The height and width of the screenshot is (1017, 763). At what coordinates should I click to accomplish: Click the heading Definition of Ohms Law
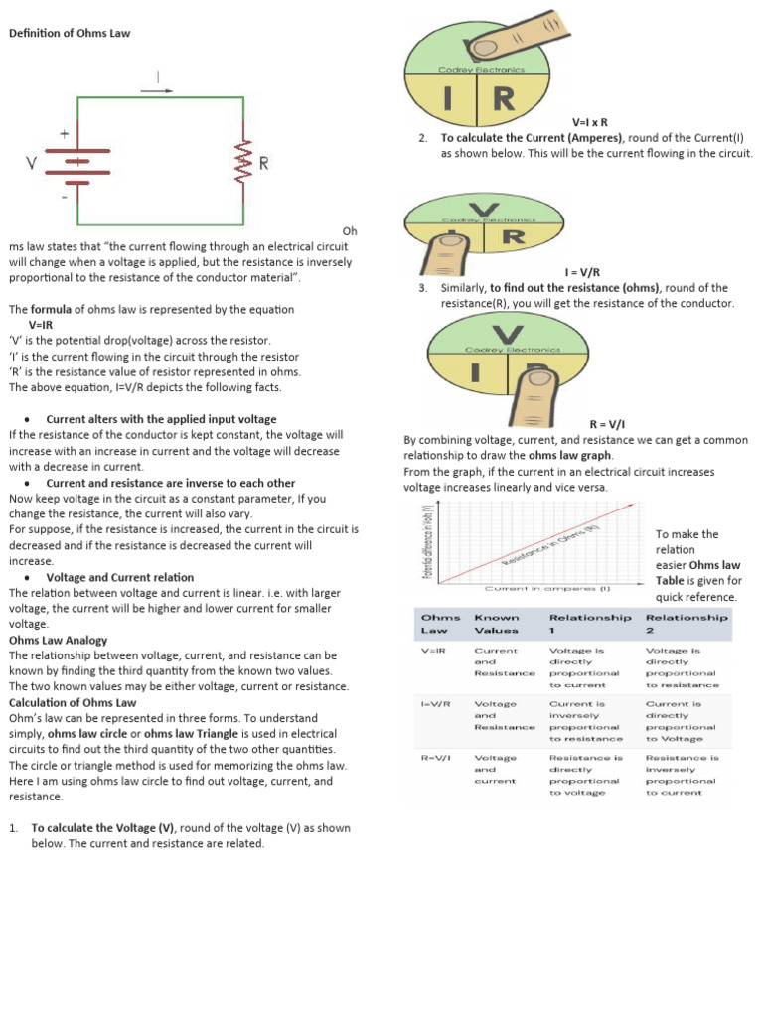pos(70,33)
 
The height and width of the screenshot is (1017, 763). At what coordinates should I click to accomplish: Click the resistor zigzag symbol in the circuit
pos(241,162)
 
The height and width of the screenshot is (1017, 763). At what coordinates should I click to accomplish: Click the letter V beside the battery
pos(33,162)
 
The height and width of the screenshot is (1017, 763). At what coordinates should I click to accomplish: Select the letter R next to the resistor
pos(263,162)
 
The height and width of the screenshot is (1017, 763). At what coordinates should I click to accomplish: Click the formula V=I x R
pos(589,121)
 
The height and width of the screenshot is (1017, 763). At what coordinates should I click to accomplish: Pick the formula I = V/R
pos(582,272)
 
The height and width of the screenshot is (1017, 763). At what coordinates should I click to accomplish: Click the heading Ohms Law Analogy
pos(58,641)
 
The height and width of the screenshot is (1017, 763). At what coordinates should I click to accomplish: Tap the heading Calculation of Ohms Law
pos(73,702)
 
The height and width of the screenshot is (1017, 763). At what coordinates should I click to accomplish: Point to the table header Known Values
pos(497,623)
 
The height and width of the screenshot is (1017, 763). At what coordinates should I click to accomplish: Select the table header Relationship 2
pos(687,623)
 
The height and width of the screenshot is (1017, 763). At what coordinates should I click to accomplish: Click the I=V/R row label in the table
pos(436,703)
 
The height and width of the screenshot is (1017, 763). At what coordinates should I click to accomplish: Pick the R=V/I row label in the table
pos(436,757)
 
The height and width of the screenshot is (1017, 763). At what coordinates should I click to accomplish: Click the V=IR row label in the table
pos(433,651)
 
